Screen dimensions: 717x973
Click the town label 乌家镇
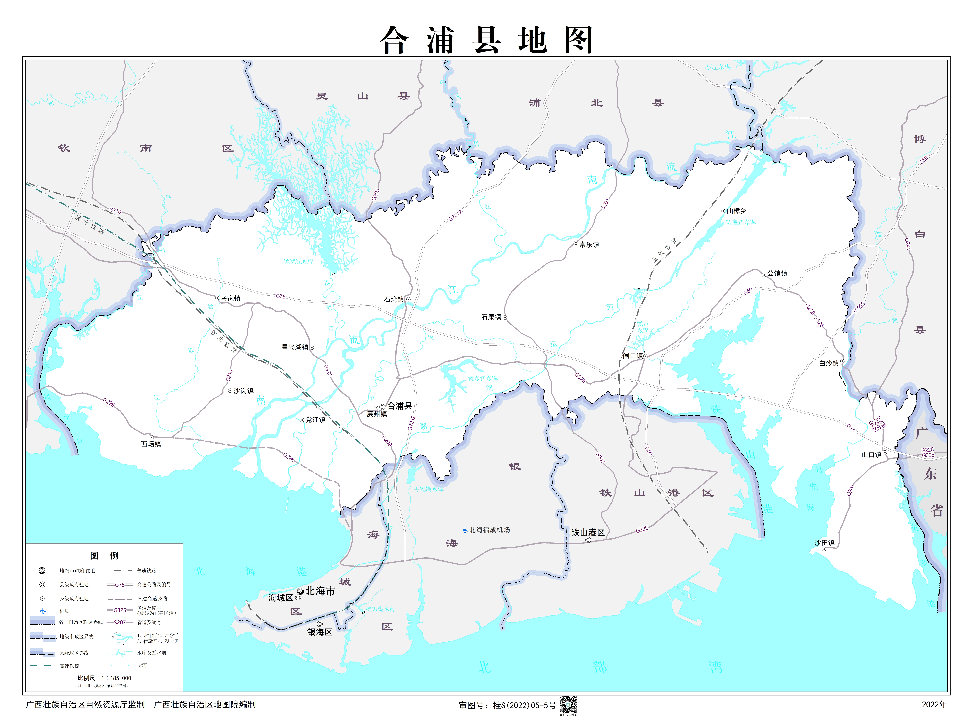pos(230,298)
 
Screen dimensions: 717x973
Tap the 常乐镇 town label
pos(589,244)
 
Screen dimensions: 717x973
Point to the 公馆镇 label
pos(777,273)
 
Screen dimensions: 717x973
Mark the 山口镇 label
pos(871,454)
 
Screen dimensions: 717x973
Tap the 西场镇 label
pos(151,444)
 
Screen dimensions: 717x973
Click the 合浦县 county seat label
pos(399,406)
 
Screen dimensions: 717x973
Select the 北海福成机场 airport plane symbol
pos(464,530)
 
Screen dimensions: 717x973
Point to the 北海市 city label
pos(320,591)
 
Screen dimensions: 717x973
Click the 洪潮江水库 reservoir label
pos(299,262)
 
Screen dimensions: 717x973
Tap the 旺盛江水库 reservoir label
pos(741,222)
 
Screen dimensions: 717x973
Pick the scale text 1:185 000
pos(116,678)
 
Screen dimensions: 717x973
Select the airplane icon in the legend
pos(42,611)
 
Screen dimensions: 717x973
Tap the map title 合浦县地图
pos(486,40)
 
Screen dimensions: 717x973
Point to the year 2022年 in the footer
pos(934,704)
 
